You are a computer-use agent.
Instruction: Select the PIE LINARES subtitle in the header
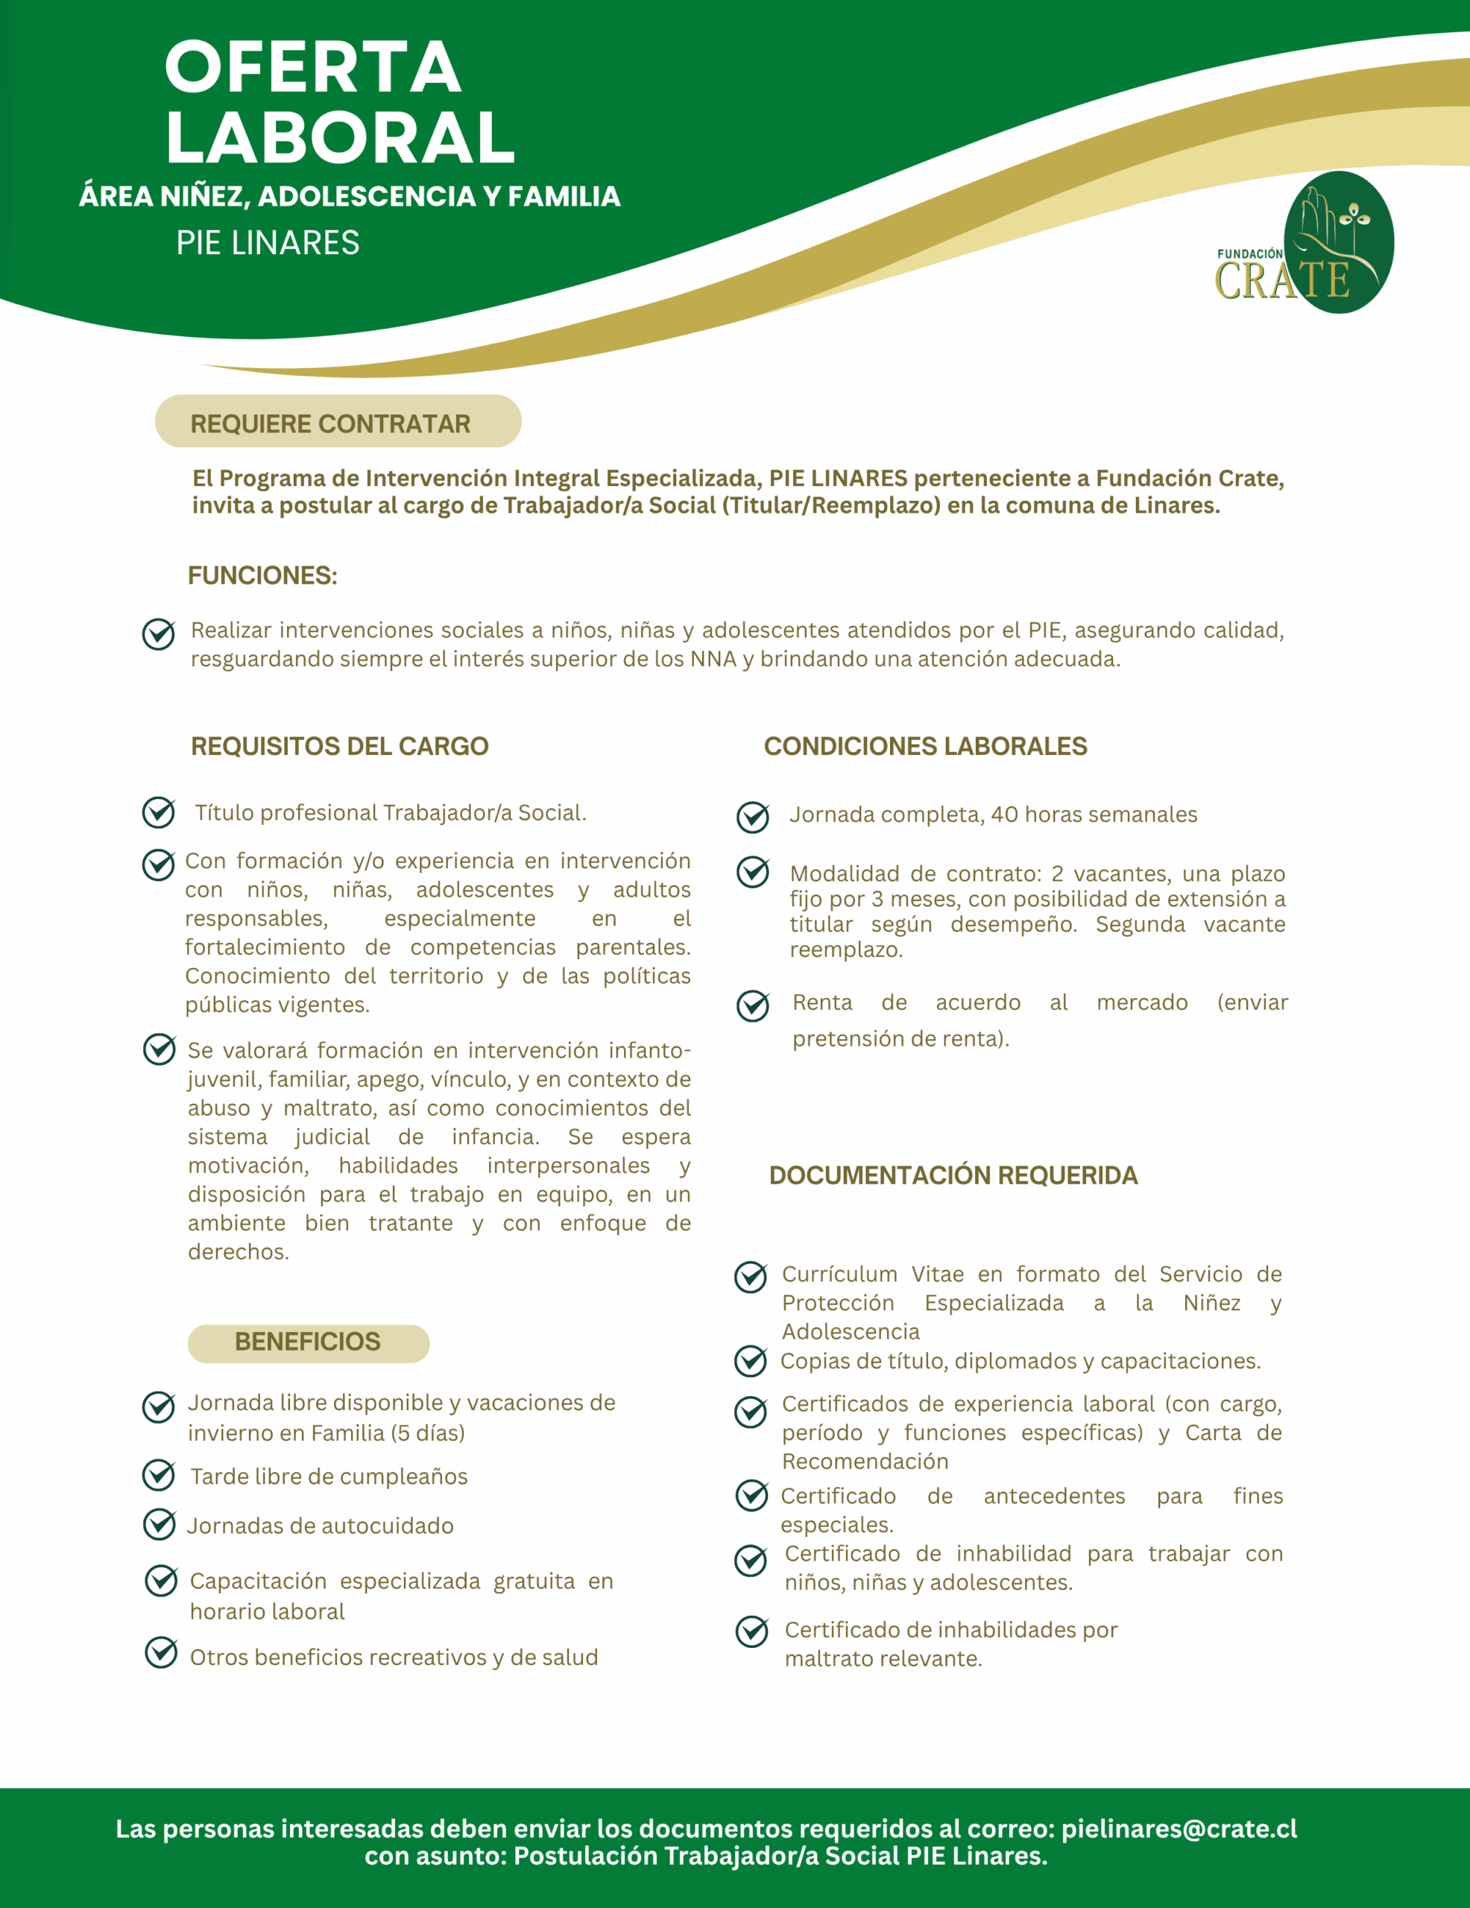pos(268,243)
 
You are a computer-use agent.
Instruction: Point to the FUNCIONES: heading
pos(262,575)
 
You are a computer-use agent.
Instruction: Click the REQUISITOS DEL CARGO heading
pos(339,746)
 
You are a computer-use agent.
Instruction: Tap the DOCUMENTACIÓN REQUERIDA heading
pos(953,1175)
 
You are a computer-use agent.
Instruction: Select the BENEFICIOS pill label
pos(308,1342)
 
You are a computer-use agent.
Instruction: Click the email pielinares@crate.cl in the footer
pos(1179,1828)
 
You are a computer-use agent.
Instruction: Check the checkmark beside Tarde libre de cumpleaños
pos(159,1475)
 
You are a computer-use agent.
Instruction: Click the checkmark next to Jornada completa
pos(752,817)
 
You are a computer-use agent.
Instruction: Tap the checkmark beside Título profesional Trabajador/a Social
pos(159,812)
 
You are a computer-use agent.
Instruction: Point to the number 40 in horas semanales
pos(1004,814)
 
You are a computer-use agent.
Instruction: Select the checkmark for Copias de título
pos(751,1361)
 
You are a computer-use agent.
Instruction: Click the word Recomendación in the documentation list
pos(865,1462)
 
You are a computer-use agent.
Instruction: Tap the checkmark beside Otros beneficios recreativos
pos(161,1653)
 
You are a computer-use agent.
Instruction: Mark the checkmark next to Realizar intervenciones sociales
pos(159,634)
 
